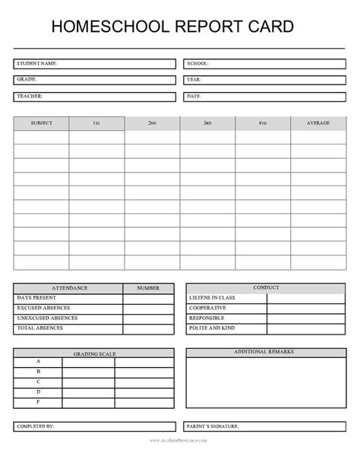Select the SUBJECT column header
41,123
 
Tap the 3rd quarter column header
207,123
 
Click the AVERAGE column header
318,123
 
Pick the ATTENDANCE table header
68,288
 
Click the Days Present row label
36,299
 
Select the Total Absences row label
39,328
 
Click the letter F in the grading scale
38,401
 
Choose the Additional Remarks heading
264,353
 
